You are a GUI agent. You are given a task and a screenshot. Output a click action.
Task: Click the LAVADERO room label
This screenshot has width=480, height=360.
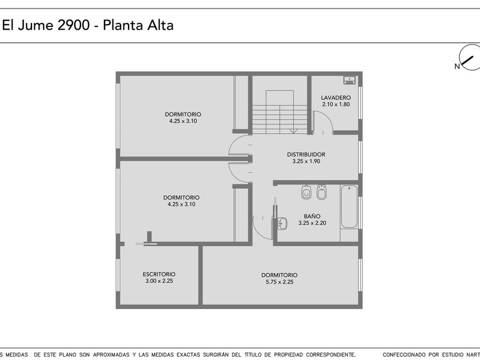click(x=336, y=98)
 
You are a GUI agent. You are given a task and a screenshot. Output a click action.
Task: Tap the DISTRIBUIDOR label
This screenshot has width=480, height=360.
click(x=306, y=155)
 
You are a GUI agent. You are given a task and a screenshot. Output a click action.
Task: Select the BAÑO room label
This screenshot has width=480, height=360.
click(x=312, y=216)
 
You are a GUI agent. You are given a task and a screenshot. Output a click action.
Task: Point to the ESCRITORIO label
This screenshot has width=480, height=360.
click(x=159, y=274)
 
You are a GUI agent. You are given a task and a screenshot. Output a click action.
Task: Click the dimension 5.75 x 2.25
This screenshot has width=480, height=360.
click(x=279, y=282)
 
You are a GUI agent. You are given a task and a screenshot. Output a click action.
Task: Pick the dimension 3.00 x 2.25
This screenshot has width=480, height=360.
click(x=159, y=281)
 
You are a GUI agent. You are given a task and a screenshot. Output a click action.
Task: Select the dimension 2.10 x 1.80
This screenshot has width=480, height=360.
click(x=336, y=105)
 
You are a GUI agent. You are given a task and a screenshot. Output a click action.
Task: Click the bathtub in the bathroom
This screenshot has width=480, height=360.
click(x=349, y=206)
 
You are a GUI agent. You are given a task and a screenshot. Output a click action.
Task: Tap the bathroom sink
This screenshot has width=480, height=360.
click(x=282, y=223)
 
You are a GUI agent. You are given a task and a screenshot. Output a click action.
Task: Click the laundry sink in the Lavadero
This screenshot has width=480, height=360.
click(x=349, y=80)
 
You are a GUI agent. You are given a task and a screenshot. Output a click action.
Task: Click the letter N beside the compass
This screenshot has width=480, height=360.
click(x=457, y=66)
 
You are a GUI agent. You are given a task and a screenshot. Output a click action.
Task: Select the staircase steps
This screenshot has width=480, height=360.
click(x=280, y=119)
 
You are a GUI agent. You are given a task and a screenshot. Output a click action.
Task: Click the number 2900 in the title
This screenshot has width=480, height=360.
click(x=74, y=25)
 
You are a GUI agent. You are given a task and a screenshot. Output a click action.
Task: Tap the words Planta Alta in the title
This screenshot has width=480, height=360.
click(x=138, y=25)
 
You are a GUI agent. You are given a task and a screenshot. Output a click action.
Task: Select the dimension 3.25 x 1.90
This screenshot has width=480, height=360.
click(x=306, y=161)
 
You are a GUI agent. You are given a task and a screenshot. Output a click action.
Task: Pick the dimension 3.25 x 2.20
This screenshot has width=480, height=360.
click(x=312, y=223)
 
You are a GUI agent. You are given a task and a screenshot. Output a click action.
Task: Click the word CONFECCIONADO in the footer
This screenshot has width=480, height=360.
click(x=405, y=355)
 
